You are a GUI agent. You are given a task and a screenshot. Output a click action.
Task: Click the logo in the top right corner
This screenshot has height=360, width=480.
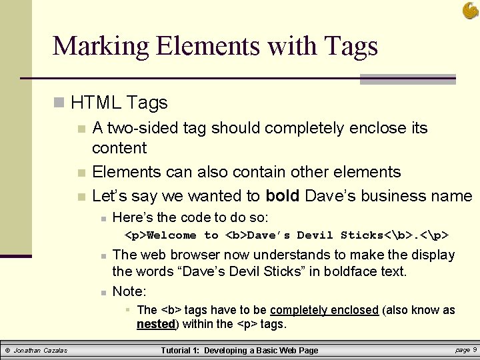click(469, 10)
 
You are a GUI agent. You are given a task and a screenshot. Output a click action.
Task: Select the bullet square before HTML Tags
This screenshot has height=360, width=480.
click(59, 103)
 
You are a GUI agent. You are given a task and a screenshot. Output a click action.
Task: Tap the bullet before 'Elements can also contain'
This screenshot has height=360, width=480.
click(81, 173)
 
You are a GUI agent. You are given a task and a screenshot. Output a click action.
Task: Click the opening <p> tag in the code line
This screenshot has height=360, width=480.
click(135, 235)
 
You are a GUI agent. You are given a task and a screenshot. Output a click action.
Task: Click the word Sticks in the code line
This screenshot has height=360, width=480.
click(362, 235)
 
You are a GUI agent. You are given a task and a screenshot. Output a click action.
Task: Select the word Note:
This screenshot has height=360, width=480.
click(129, 291)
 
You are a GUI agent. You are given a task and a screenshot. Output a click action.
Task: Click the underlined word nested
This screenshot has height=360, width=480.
click(156, 325)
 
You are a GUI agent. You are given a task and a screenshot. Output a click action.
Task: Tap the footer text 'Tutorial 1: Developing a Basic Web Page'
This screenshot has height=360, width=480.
click(240, 351)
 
